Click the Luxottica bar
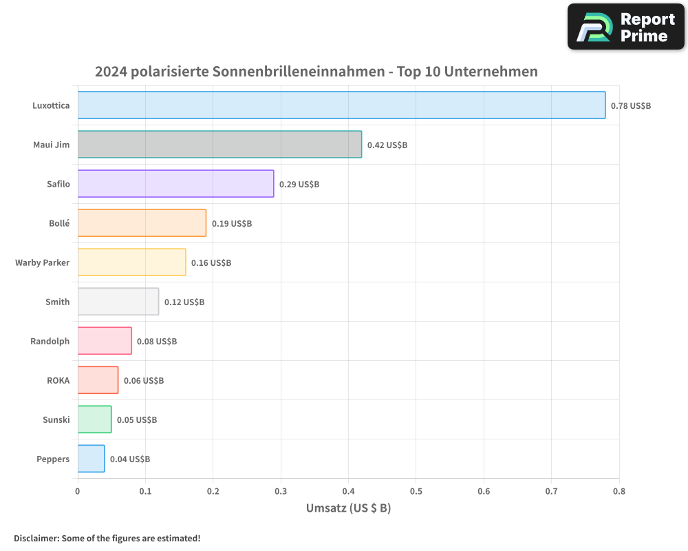pos(341,105)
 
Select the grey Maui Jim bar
pos(219,145)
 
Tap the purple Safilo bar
pos(175,184)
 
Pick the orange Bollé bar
pos(142,223)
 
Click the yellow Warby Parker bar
pos(131,262)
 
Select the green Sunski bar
pos(94,419)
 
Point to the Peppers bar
pos(91,459)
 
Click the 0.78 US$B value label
pos(630,106)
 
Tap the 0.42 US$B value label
pos(387,145)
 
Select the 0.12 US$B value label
pos(184,302)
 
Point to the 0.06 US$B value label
pos(143,381)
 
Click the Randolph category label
pos(50,342)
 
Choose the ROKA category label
pos(58,381)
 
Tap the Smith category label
pos(57,302)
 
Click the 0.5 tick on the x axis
pos(416,491)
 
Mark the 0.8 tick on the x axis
pos(619,491)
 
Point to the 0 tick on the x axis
pos(78,491)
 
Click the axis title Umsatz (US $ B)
pos(348,508)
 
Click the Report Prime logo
pos(625,27)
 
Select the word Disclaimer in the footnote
pos(35,539)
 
